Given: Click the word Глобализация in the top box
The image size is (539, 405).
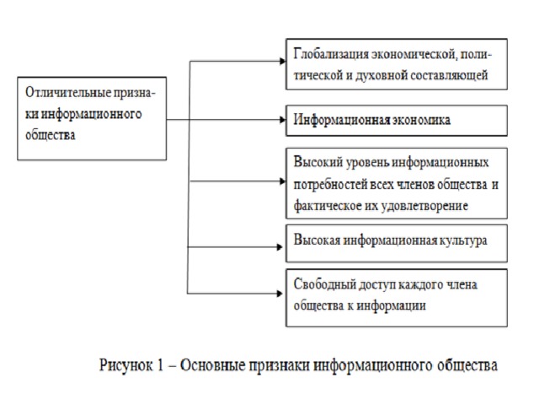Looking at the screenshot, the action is click(x=331, y=55).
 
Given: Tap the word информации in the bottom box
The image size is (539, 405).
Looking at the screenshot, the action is click(x=391, y=305).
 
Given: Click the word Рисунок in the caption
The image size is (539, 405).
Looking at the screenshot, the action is click(x=125, y=365).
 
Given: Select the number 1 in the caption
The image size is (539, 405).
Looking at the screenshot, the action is click(x=160, y=365).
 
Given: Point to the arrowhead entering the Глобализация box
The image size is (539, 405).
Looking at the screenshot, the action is click(x=283, y=62).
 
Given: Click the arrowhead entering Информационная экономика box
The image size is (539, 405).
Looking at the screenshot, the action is click(x=283, y=120).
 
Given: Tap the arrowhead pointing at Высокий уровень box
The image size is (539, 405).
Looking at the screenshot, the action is click(x=283, y=181).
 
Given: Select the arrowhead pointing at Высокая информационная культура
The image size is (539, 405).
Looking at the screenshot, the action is click(x=280, y=247).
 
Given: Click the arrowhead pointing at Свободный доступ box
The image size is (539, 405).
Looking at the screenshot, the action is click(x=280, y=294).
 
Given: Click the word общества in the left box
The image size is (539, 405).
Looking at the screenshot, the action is click(x=51, y=135).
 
